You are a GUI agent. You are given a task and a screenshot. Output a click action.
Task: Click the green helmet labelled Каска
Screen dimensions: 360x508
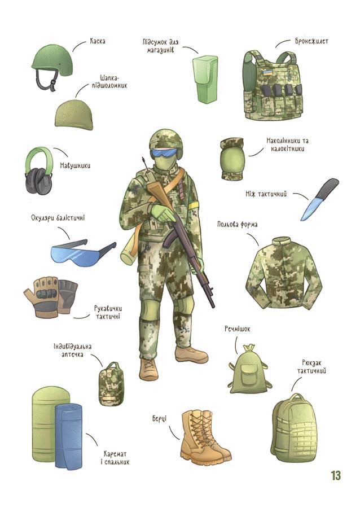(x=52, y=62)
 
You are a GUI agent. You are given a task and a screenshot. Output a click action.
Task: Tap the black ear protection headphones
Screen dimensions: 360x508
(x=39, y=171)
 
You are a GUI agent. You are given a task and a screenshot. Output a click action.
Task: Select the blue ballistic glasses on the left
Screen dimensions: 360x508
(x=83, y=252)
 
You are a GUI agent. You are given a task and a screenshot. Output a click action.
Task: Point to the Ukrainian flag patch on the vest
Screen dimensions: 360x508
(x=267, y=72)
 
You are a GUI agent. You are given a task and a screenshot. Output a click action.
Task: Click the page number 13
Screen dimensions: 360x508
(x=336, y=476)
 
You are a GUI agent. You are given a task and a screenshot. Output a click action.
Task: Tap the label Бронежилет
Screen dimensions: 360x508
(x=311, y=41)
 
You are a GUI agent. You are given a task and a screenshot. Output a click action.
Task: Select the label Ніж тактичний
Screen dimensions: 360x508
(x=266, y=194)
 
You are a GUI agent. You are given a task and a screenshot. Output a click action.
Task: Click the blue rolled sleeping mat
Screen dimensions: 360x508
(x=69, y=435)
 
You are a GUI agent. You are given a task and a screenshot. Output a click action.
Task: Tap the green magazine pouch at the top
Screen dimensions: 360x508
(x=205, y=79)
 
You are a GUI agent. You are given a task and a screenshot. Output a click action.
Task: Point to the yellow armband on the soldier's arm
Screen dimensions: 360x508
(x=194, y=205)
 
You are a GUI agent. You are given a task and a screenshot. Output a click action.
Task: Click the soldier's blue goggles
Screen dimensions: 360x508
(x=165, y=152)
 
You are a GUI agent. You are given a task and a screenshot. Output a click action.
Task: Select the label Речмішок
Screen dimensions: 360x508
(x=238, y=329)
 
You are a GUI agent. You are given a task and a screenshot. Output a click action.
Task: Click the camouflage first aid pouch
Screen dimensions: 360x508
(x=111, y=383)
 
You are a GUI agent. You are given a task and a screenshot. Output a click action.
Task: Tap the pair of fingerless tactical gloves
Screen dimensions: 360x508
(x=51, y=296)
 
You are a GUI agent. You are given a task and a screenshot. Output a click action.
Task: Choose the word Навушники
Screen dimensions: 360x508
(x=75, y=165)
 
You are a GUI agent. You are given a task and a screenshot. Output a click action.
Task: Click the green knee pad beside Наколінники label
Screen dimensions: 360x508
(x=232, y=159)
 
